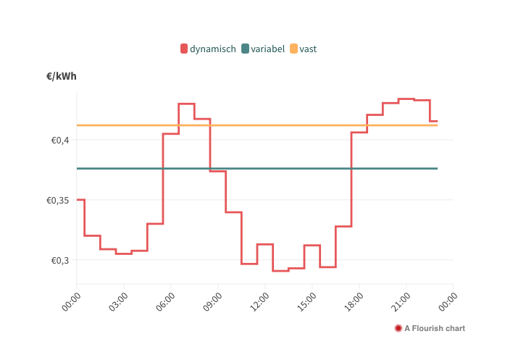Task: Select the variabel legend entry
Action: pyautogui.click(x=267, y=49)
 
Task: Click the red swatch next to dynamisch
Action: pyautogui.click(x=184, y=49)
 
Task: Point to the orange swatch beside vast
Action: pyautogui.click(x=293, y=49)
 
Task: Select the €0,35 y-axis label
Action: pyautogui.click(x=57, y=200)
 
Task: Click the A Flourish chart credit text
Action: pyautogui.click(x=435, y=328)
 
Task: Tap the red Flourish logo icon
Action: pyautogui.click(x=398, y=328)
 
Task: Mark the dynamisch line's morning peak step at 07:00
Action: pyautogui.click(x=186, y=104)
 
